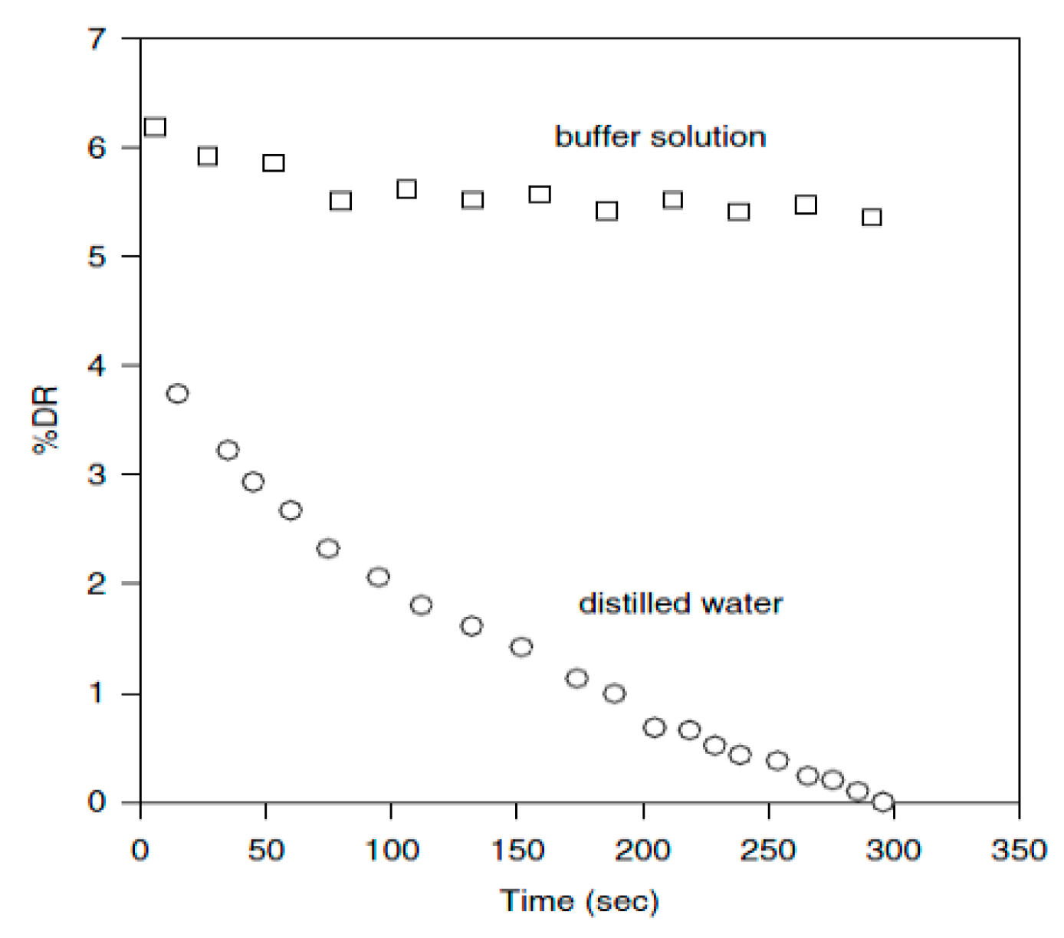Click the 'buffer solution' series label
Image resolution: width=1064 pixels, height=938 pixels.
(x=660, y=137)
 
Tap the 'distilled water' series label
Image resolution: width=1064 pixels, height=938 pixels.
(x=680, y=604)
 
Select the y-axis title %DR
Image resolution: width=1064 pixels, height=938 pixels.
(x=46, y=421)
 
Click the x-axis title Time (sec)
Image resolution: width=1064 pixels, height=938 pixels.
(x=580, y=901)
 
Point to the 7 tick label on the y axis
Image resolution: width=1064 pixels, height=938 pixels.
(x=97, y=38)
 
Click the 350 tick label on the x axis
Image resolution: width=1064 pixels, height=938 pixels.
(x=1018, y=850)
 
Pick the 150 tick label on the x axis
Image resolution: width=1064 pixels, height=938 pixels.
(x=517, y=850)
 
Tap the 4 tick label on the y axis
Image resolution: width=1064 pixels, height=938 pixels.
(x=97, y=366)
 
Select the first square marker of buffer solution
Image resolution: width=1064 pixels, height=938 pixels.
(x=155, y=127)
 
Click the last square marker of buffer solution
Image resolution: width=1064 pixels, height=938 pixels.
(x=872, y=218)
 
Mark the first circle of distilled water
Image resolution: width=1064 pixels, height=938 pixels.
(x=177, y=394)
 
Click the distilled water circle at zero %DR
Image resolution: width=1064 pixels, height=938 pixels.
(x=883, y=802)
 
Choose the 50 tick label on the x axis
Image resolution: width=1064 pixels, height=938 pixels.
(x=266, y=850)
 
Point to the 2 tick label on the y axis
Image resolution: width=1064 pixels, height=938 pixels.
(x=97, y=584)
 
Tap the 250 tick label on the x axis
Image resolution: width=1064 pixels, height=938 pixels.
(x=767, y=850)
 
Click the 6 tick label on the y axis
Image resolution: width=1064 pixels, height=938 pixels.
(x=97, y=147)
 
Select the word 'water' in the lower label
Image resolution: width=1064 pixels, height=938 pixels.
(x=741, y=604)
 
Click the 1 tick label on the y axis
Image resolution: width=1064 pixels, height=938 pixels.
(x=97, y=694)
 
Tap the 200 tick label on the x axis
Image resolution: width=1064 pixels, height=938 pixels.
(x=642, y=850)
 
